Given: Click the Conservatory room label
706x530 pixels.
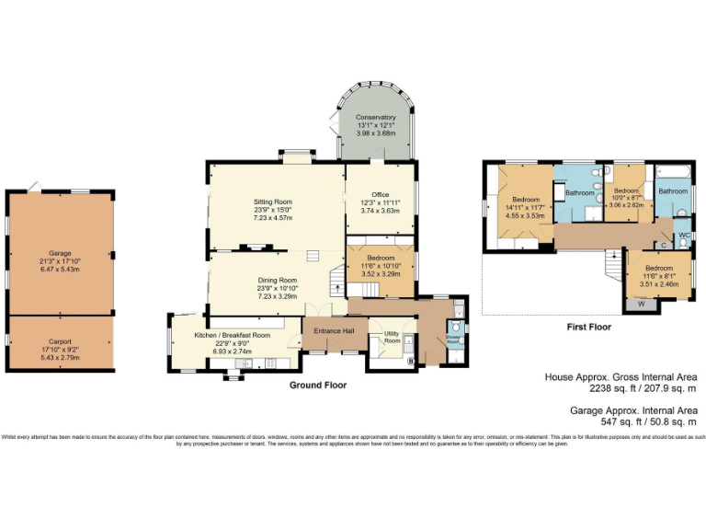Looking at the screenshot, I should point(377,118).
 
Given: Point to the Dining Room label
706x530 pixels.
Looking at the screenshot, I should point(277,280).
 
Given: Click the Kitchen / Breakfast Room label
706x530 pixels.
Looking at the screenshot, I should point(232,335).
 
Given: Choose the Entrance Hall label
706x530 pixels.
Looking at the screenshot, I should point(334,331).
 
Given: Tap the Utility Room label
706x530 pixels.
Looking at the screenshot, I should point(392,337).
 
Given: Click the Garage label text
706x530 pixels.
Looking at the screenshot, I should point(60,253).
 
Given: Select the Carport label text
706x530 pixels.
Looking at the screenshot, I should point(60,341).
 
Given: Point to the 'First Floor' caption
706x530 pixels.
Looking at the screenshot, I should point(588,327).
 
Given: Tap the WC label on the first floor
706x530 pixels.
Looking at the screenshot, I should point(684,236).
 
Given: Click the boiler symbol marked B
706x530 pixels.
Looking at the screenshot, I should point(410,361).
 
